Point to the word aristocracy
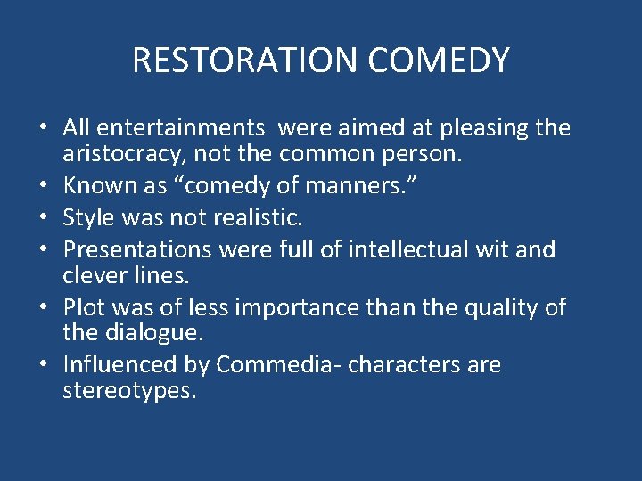[133, 153]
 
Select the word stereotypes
[128, 390]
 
